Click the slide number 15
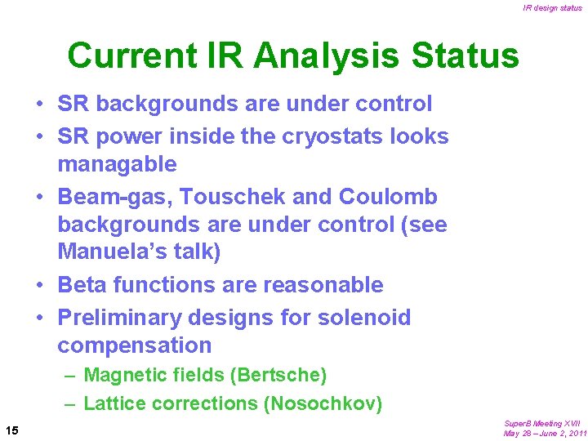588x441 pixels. click(x=12, y=430)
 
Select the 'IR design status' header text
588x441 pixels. click(x=553, y=8)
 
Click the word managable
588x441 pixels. click(x=117, y=165)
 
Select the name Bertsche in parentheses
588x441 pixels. click(x=281, y=376)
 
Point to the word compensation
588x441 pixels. click(x=134, y=345)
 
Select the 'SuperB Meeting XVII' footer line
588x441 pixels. click(x=542, y=424)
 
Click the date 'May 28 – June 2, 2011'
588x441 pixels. click(x=545, y=434)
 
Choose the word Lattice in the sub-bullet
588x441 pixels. click(x=109, y=403)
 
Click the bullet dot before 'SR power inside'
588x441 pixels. click(x=39, y=136)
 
